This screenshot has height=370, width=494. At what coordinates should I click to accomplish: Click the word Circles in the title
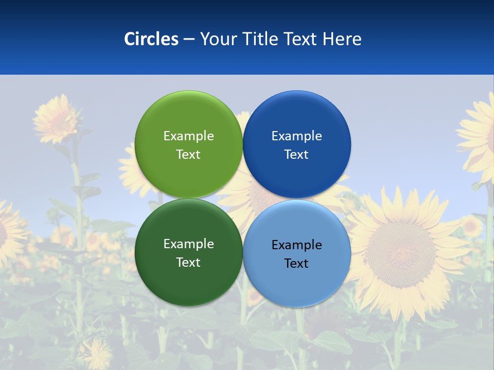coord(151,39)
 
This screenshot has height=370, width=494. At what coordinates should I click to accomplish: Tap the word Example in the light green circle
coord(188,136)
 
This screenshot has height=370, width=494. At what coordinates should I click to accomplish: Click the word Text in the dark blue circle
coord(296,154)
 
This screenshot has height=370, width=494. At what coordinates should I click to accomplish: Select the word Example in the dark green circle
coord(188,244)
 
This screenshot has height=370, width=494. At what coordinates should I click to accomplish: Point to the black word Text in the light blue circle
coord(296,263)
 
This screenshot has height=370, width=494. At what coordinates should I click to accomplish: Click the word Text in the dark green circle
coord(188,262)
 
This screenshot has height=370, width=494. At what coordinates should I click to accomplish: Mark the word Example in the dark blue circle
coord(296,136)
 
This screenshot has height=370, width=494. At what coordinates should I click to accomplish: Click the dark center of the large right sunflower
coord(400,247)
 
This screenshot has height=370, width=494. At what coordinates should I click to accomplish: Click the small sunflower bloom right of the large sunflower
coord(471,226)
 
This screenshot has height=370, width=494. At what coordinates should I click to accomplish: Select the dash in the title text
coord(189,40)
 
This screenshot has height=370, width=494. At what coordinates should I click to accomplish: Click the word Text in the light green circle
coord(188,154)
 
